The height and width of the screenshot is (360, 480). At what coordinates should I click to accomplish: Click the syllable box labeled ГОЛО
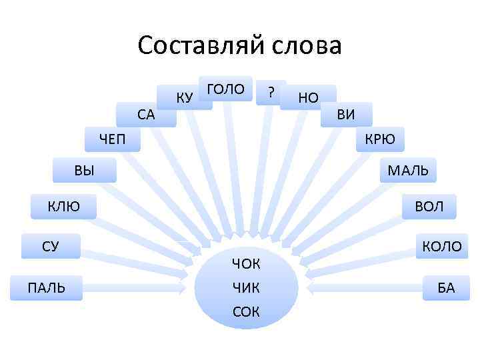[x=225, y=89]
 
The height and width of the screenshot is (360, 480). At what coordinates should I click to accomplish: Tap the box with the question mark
[x=270, y=92]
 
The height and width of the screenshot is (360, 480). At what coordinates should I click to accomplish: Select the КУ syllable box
[x=185, y=98]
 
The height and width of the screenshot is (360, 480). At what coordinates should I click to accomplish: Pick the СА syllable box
[x=146, y=114]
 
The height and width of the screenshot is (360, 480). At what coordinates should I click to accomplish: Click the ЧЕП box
[x=113, y=139]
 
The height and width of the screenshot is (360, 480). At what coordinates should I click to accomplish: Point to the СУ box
[x=51, y=246]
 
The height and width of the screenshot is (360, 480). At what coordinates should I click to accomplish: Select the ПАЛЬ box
[x=46, y=288]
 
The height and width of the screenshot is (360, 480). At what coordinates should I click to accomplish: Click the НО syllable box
[x=309, y=98]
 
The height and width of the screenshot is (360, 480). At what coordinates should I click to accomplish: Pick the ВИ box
[x=346, y=115]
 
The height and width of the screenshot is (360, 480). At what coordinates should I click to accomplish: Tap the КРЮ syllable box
[x=380, y=139]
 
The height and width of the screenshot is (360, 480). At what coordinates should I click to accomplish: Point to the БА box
[x=446, y=288]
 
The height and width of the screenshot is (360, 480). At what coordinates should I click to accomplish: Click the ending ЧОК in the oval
[x=246, y=264]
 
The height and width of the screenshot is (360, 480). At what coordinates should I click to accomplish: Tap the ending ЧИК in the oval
[x=246, y=288]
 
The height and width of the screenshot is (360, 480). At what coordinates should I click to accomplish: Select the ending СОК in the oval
[x=246, y=311]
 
